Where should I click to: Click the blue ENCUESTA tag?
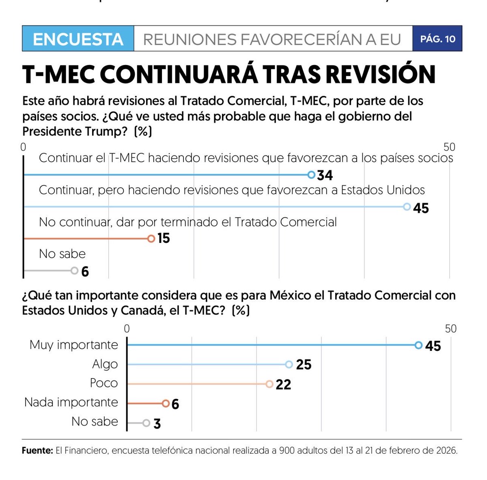click(x=78, y=39)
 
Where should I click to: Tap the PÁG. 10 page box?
click(x=437, y=39)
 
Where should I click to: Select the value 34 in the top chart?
click(x=325, y=175)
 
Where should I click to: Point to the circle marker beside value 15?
click(x=151, y=238)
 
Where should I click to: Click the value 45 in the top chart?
click(x=421, y=208)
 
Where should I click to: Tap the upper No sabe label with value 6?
click(x=62, y=254)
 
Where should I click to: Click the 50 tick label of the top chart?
click(x=449, y=147)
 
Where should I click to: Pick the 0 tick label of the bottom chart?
click(x=127, y=329)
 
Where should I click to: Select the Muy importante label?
click(x=73, y=345)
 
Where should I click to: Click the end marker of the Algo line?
click(x=289, y=364)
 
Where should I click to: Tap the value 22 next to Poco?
click(x=283, y=385)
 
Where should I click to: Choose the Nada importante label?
click(x=71, y=402)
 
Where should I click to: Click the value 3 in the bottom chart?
click(x=157, y=424)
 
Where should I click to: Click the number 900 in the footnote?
click(x=288, y=451)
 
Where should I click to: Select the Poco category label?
click(x=104, y=383)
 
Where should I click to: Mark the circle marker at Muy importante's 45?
click(x=419, y=345)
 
